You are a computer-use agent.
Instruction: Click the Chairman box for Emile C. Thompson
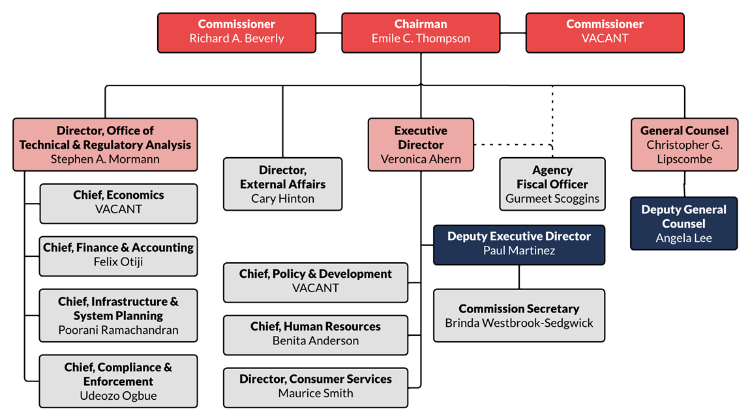420,32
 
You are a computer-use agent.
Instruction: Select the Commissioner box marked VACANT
605,32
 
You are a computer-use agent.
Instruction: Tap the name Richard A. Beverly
237,38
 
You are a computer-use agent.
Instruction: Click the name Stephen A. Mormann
105,158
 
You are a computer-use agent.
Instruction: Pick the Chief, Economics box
118,203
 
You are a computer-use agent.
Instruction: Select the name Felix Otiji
118,262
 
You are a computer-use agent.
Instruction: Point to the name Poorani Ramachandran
118,330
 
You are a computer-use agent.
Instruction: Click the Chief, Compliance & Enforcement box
118,381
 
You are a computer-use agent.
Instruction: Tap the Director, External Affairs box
282,184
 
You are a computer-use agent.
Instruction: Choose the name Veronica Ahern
421,159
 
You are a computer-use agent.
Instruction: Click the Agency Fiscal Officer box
552,184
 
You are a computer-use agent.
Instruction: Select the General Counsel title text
684,130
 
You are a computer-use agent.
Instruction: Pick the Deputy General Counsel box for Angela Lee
683,224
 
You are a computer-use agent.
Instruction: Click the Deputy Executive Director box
519,244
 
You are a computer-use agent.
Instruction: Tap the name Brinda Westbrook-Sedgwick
519,323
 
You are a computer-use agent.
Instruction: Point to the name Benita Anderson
316,340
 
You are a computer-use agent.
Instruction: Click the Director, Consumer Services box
316,386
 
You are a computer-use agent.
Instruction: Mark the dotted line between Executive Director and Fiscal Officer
512,144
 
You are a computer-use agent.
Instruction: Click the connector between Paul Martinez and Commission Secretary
519,277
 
